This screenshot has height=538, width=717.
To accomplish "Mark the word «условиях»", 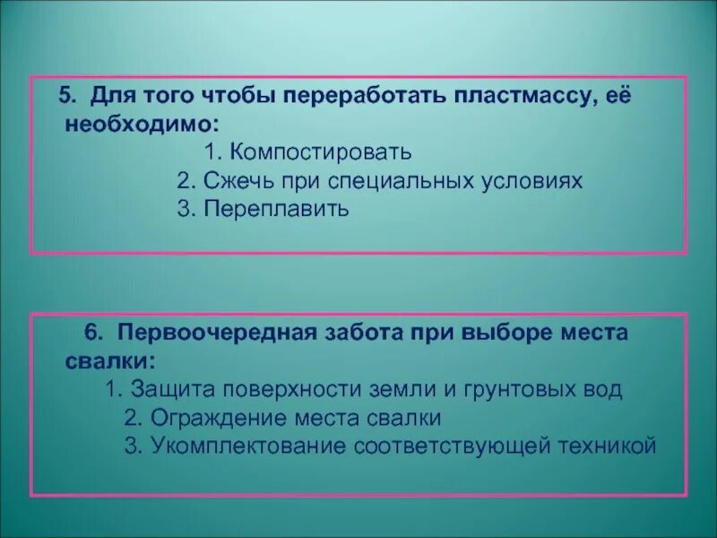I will pyautogui.click(x=534, y=180).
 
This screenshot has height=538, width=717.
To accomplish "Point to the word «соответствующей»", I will pyautogui.click(x=448, y=446).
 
